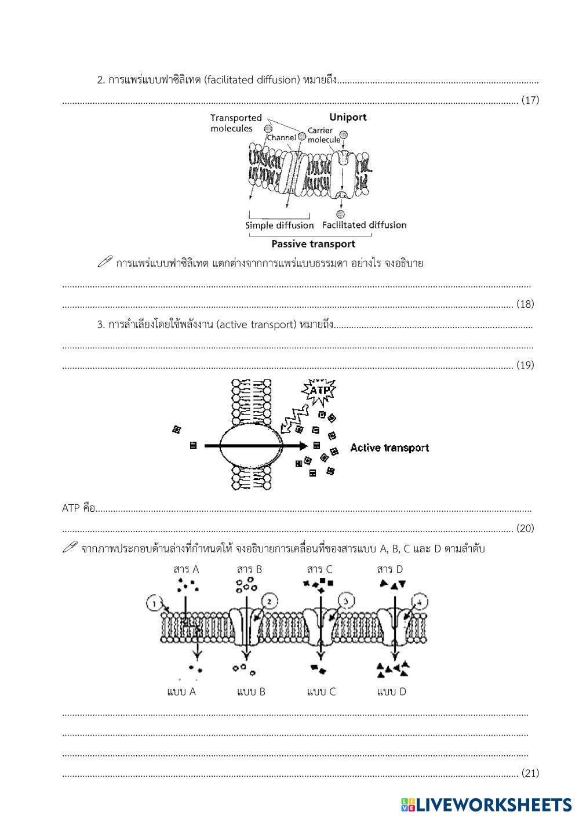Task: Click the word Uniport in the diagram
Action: click(348, 117)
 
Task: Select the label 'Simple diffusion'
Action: click(279, 225)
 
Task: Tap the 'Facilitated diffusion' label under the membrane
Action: click(364, 225)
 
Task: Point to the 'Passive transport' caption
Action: click(313, 244)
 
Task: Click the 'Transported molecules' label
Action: click(235, 123)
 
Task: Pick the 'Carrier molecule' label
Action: click(323, 135)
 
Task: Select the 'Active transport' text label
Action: click(389, 447)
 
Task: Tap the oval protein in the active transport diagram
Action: click(251, 446)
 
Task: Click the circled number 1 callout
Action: click(154, 604)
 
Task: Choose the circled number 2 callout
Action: click(270, 600)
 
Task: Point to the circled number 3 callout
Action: click(345, 601)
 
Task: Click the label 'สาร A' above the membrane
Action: click(186, 569)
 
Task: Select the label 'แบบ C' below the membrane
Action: click(321, 691)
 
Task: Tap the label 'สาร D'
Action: click(390, 569)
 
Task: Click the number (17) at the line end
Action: click(530, 100)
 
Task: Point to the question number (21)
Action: click(530, 773)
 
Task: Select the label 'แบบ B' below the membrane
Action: click(251, 691)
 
